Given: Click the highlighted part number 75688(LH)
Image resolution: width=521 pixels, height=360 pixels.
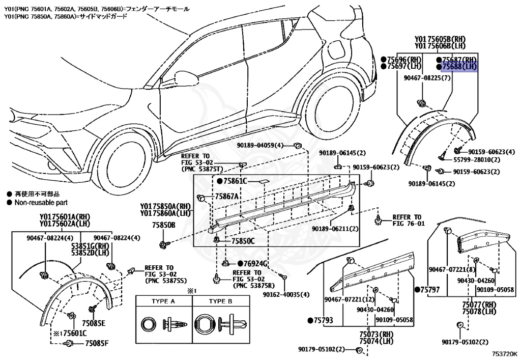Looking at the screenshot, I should (459, 67).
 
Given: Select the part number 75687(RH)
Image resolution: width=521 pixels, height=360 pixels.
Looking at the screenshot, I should (459, 60).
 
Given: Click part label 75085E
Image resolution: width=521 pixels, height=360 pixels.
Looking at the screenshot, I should (95, 323).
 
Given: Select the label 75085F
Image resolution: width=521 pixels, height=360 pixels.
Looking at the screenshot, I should (97, 343).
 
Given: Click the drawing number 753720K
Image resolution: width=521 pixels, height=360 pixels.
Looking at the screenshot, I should (504, 353).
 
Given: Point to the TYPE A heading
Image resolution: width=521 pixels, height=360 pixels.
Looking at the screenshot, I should (163, 301).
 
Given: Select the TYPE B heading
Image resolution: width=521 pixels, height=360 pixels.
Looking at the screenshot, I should (220, 301).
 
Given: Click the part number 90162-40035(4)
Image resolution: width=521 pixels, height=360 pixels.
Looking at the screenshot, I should (286, 295).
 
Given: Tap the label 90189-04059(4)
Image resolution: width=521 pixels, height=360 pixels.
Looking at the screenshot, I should (260, 145).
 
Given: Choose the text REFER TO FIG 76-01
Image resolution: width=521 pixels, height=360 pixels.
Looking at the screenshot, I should (407, 220).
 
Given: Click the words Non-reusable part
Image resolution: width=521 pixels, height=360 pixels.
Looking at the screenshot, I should (40, 202).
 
